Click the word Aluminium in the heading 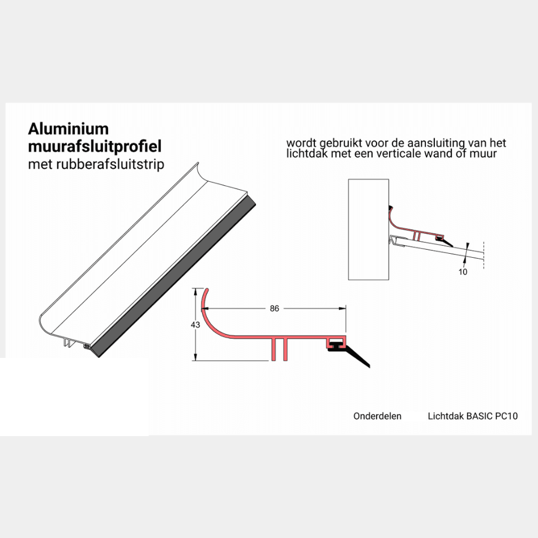tap(69, 129)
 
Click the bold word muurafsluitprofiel tap(95, 146)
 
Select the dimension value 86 tap(275, 309)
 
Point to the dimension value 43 tap(195, 324)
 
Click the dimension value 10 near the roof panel tap(463, 272)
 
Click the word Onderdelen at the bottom tap(377, 416)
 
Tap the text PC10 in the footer tap(506, 416)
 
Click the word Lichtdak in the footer tap(446, 416)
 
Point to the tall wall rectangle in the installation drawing tap(369, 229)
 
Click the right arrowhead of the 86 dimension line tap(343, 309)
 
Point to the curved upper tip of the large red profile tap(207, 290)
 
